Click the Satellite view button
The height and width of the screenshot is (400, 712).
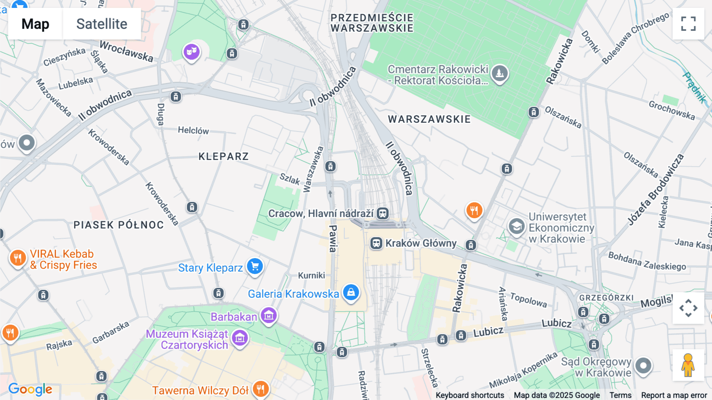(102, 24)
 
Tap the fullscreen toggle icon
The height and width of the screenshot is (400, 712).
(688, 24)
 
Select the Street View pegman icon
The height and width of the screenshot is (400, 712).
(688, 365)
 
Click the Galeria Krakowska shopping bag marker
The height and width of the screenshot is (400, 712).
(351, 293)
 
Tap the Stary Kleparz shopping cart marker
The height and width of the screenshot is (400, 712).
(255, 266)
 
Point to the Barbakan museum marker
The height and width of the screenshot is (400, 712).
(269, 316)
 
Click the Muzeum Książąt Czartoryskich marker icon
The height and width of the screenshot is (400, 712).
(240, 338)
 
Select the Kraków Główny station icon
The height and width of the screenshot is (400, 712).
(376, 243)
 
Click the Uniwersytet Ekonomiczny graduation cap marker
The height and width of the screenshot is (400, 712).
(516, 227)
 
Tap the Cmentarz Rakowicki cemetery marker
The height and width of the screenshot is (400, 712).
(500, 73)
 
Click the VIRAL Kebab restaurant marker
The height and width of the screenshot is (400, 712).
(17, 258)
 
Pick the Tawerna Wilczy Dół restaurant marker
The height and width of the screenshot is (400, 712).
(260, 389)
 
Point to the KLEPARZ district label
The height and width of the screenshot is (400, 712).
(223, 156)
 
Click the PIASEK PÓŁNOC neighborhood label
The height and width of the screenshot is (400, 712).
(119, 225)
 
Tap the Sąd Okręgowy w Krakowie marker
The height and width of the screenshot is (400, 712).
(643, 365)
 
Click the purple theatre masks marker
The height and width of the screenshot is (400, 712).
(191, 51)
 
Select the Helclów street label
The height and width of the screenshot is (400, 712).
(193, 130)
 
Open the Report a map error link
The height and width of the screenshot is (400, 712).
(674, 395)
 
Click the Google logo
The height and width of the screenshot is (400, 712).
(30, 389)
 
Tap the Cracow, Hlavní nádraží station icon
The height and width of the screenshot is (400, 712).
(383, 213)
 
